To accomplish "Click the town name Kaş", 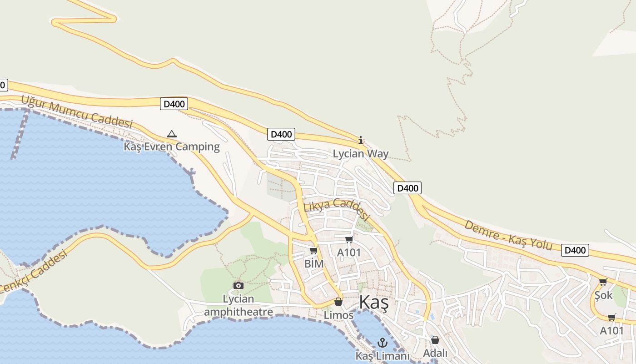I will [x=374, y=303].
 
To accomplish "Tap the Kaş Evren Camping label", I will [x=172, y=147].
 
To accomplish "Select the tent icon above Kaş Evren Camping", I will [x=171, y=134].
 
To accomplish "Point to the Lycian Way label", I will [x=361, y=153].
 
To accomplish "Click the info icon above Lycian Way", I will [x=361, y=140].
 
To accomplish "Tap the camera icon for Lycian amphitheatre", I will [x=238, y=285].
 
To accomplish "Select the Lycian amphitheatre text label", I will [x=238, y=305].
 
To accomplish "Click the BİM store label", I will [x=314, y=264].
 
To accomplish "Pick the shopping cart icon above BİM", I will [x=313, y=251].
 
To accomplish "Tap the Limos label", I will [x=338, y=315].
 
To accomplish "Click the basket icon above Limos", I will [x=338, y=302].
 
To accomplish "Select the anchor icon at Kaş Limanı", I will [x=383, y=343].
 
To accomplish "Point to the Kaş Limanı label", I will [x=383, y=356].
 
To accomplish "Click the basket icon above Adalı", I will [x=435, y=340].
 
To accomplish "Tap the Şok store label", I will [x=604, y=295].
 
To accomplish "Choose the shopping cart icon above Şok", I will [x=603, y=282].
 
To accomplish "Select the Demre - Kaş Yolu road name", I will [x=508, y=235].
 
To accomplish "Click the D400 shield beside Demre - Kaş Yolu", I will [x=575, y=250].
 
